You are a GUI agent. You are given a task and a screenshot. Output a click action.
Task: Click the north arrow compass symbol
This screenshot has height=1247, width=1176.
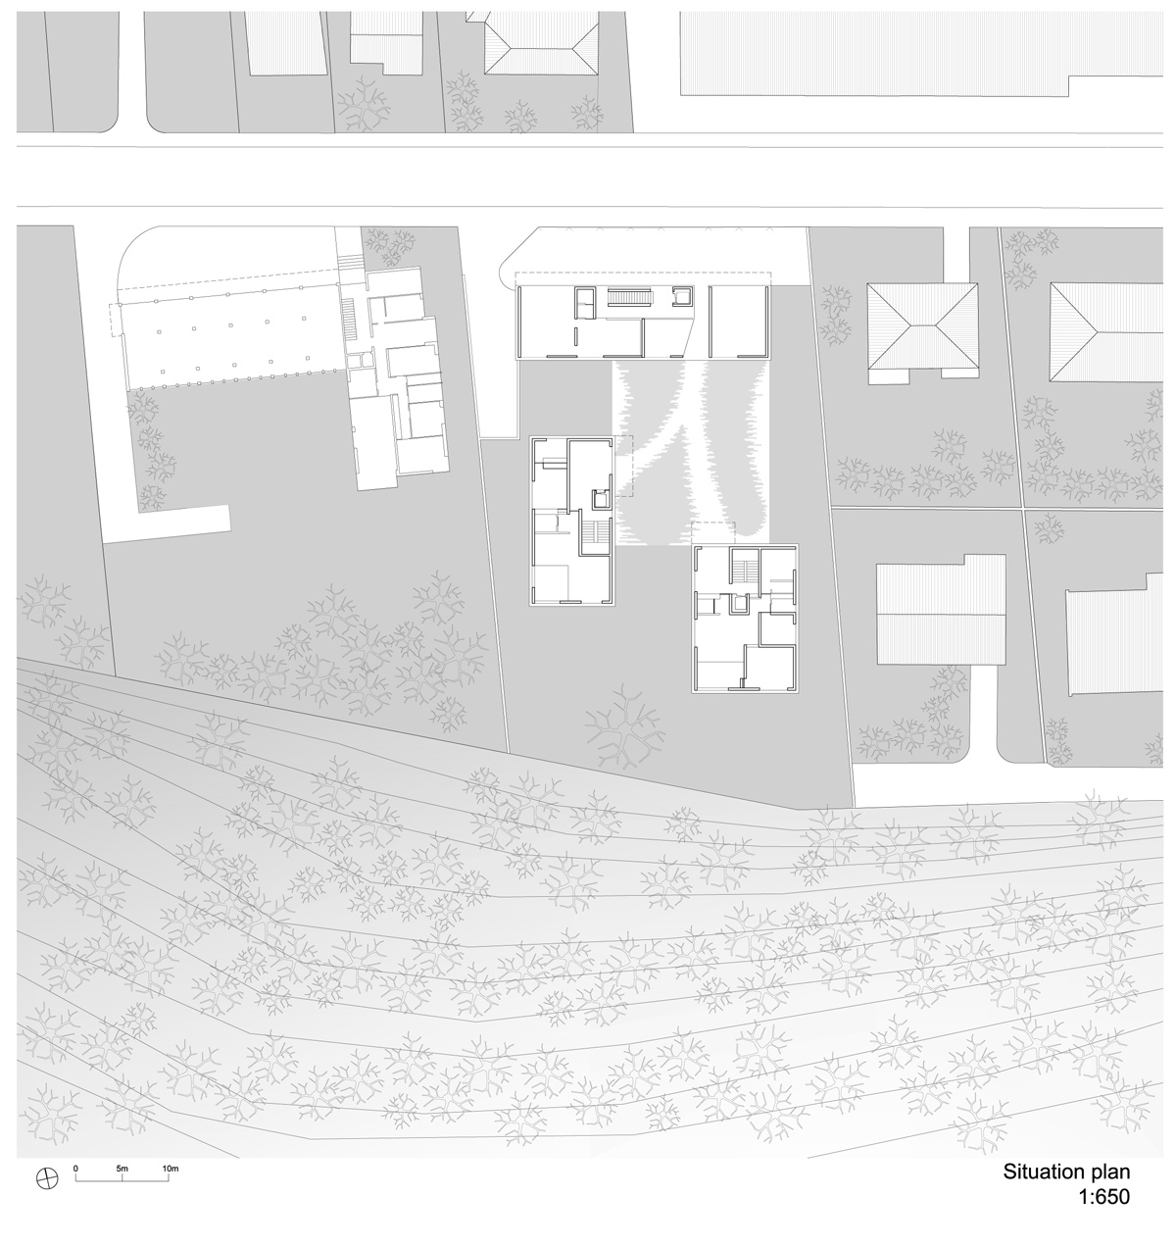tap(45, 1177)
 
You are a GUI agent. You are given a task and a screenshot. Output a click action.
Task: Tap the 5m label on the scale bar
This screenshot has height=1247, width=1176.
tap(122, 1170)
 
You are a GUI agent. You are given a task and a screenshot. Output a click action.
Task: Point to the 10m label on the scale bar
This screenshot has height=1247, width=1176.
tap(170, 1170)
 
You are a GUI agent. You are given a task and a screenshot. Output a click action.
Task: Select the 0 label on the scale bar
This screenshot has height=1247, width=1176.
tap(75, 1170)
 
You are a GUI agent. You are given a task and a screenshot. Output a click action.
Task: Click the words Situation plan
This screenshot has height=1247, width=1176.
tap(1065, 1172)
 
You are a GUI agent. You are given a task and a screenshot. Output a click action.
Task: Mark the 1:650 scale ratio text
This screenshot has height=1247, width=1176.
tap(1102, 1197)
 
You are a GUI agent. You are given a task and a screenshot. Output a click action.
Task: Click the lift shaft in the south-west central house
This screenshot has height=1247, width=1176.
tap(601, 500)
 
